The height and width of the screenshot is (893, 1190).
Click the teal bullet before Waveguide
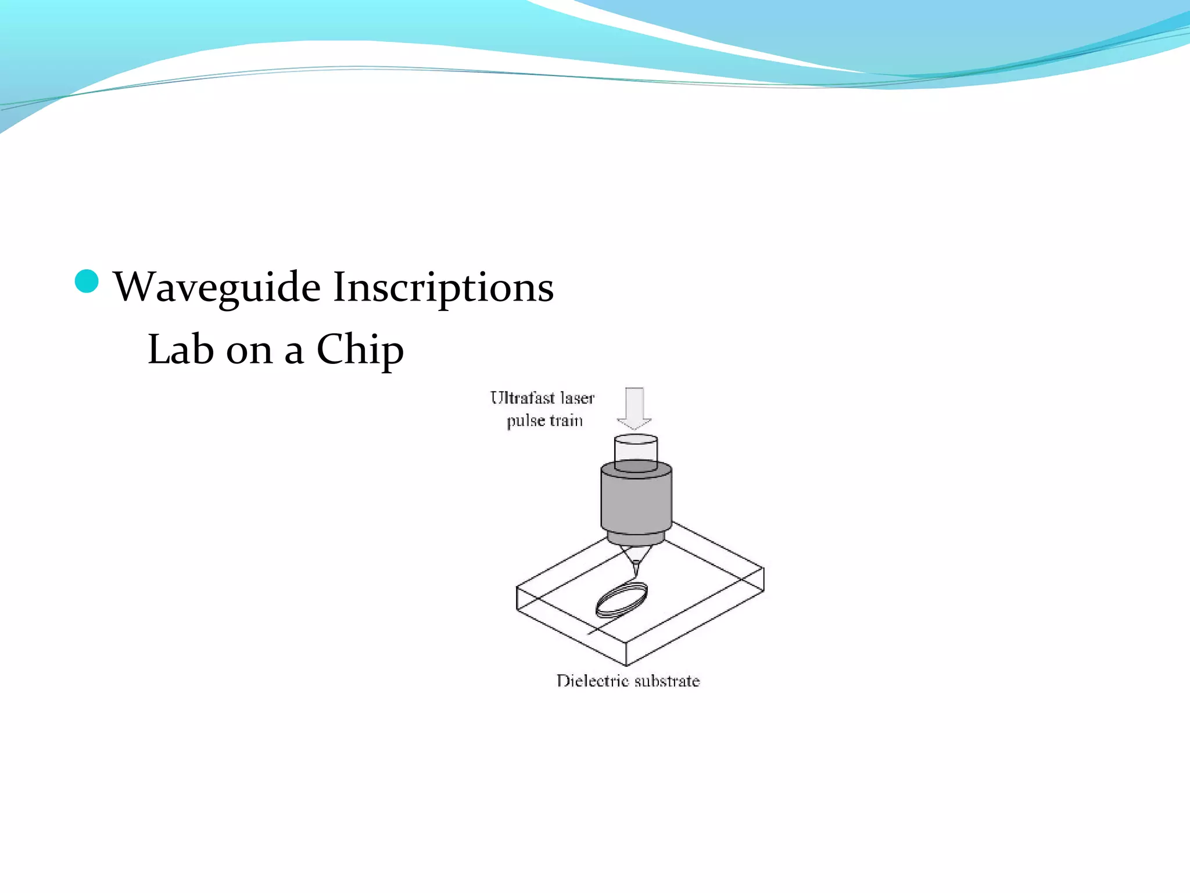87,282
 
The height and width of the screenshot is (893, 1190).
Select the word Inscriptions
443,287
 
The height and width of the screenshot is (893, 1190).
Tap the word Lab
180,349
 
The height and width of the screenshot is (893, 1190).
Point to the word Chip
360,351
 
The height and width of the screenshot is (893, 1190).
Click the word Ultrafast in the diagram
522,398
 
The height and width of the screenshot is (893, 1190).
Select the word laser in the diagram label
577,398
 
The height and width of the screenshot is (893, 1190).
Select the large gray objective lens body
636,500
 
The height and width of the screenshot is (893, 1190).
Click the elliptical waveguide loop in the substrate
621,601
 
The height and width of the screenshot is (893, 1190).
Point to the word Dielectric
593,681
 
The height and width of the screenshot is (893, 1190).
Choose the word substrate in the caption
667,681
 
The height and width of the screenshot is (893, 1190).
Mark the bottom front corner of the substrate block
626,665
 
